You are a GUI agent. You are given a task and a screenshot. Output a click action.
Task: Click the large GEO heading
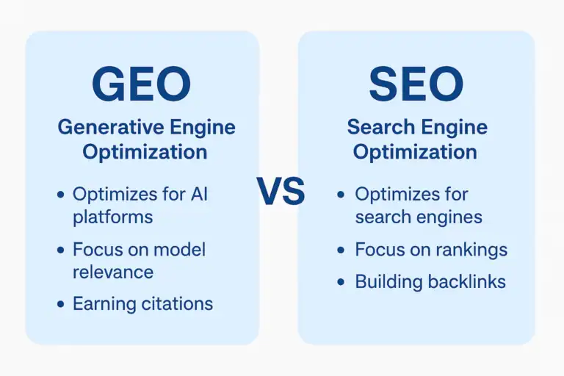click(x=141, y=84)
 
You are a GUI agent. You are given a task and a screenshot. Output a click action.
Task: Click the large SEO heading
click(x=416, y=84)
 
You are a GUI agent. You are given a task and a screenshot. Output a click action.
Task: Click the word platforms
click(x=112, y=217)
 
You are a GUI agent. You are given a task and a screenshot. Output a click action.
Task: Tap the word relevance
click(x=112, y=272)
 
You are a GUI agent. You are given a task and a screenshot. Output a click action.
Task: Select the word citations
click(x=176, y=303)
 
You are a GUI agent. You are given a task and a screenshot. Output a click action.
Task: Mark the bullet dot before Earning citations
click(x=60, y=304)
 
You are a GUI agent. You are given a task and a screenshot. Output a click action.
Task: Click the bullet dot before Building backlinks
click(x=341, y=282)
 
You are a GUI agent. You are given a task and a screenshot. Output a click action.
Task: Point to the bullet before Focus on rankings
click(x=341, y=250)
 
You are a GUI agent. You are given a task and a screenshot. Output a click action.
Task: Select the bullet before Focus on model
click(x=60, y=250)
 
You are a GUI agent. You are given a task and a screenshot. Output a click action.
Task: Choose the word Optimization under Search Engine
click(x=415, y=152)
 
